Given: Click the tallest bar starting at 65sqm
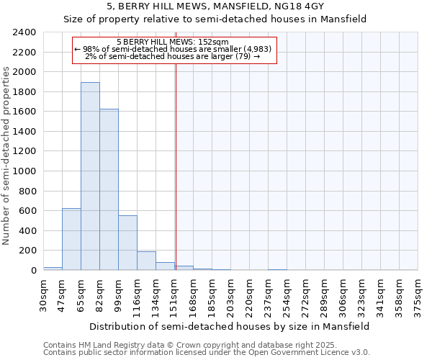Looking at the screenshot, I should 90,176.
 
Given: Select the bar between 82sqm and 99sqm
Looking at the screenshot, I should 109,189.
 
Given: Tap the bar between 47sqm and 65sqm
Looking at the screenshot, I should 71,239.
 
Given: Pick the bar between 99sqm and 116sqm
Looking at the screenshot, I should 127,243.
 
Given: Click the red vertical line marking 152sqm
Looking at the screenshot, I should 176,166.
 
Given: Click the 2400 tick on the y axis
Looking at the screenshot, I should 24,32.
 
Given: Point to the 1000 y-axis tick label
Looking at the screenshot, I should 24,171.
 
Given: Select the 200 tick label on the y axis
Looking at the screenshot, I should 27,251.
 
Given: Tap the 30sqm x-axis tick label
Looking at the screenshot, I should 44,294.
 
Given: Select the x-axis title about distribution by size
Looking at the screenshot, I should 230,326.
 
